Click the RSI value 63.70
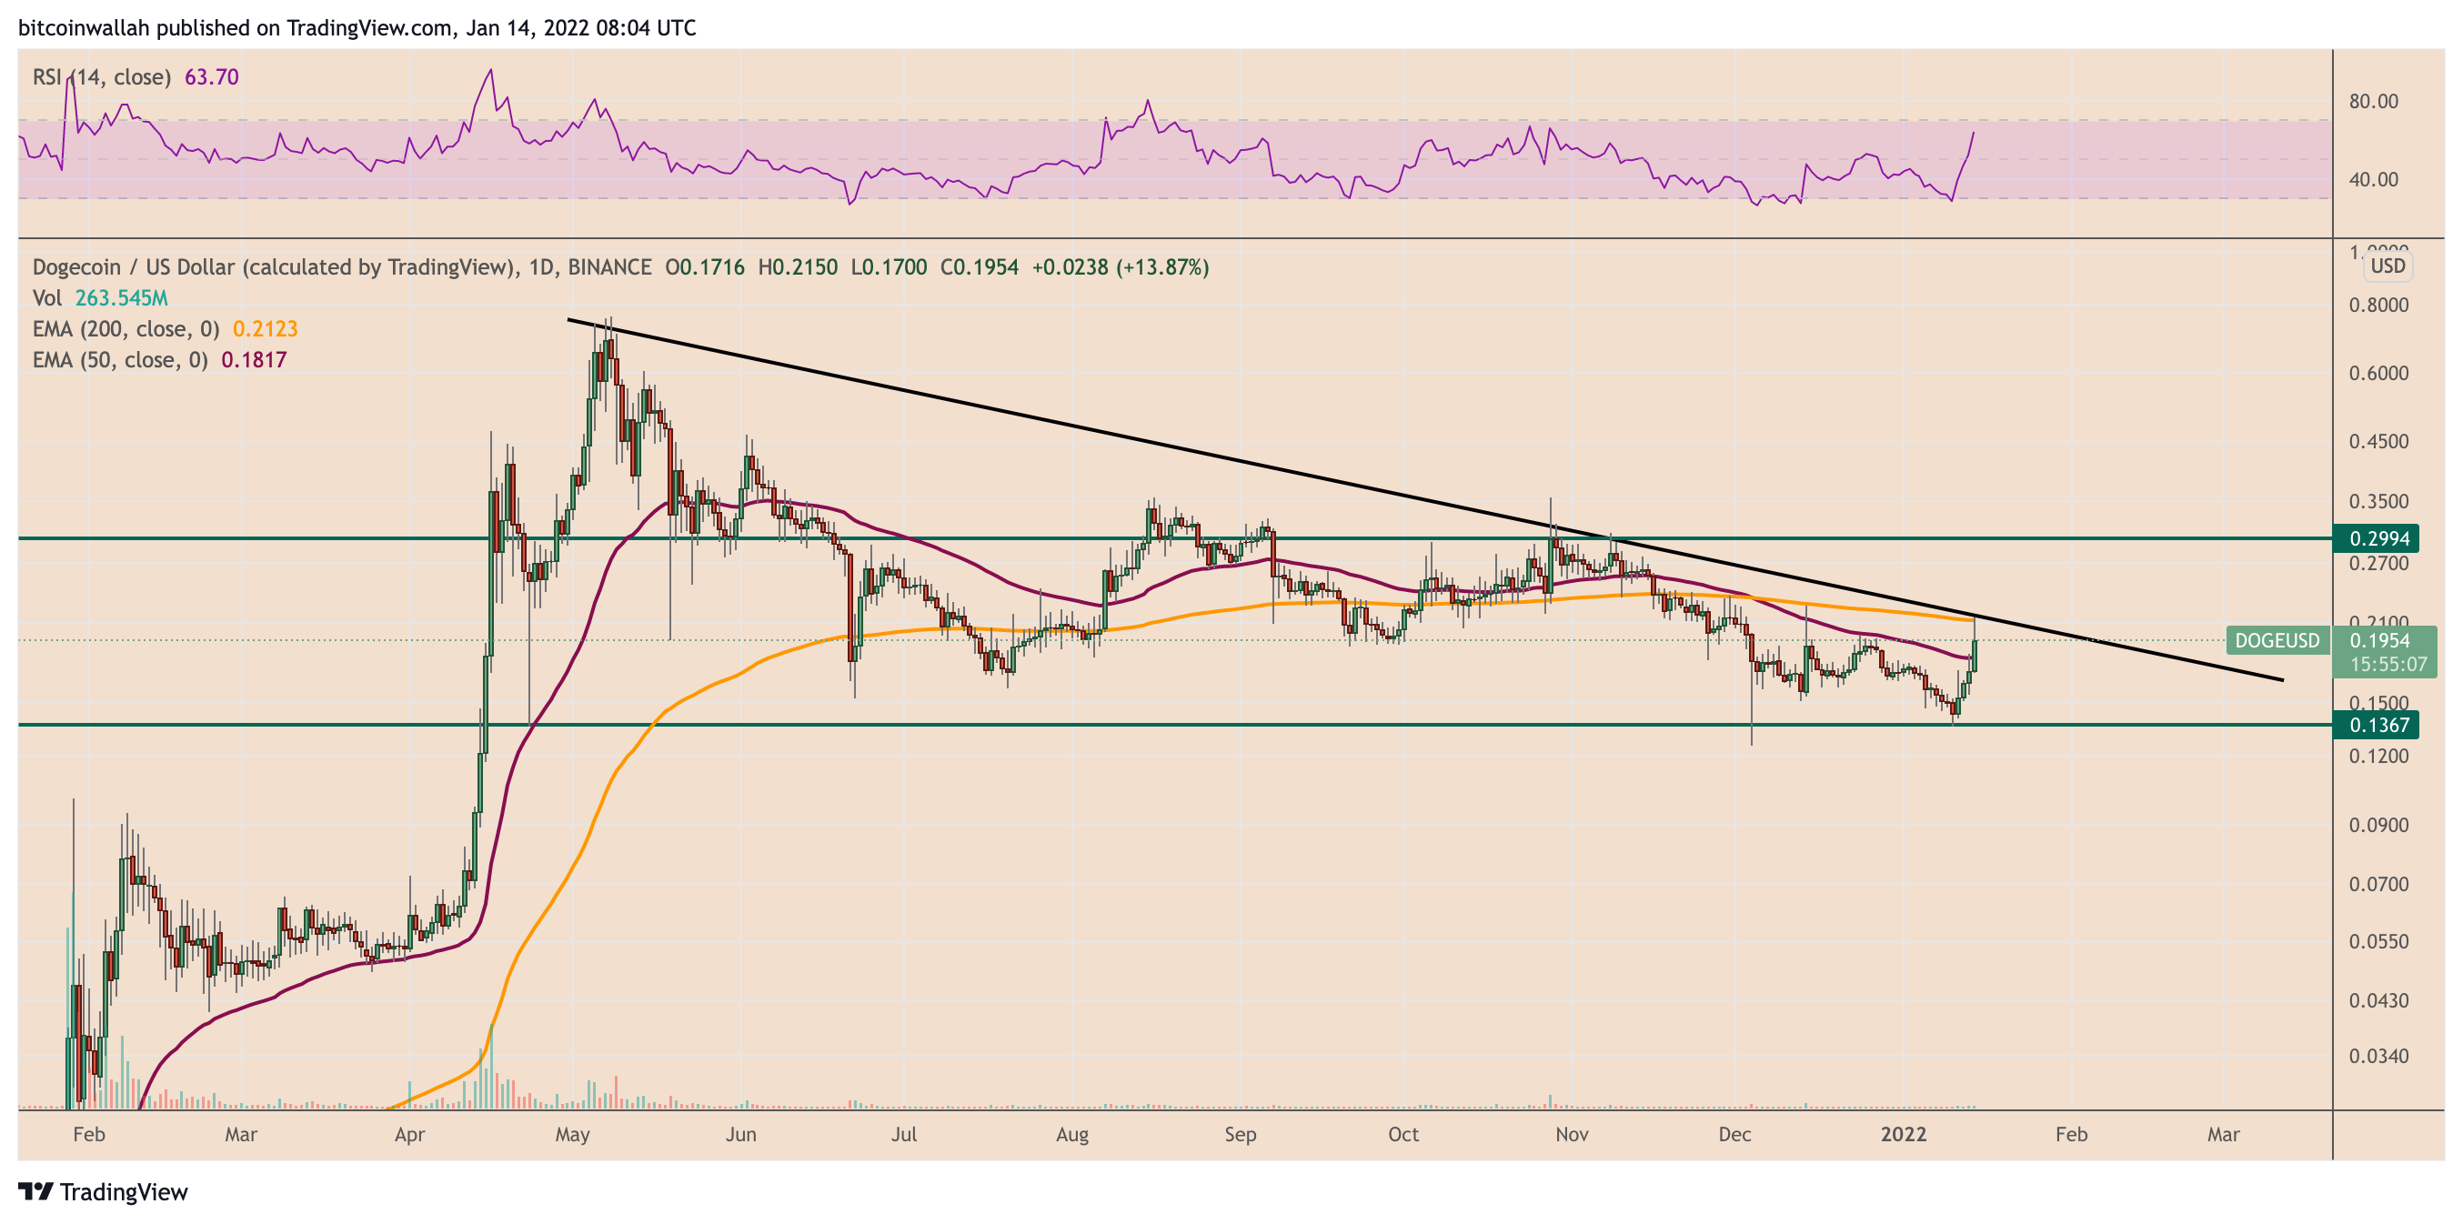tap(211, 76)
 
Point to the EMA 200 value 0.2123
tap(265, 329)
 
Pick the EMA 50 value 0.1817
tap(254, 359)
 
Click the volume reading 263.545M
tap(122, 298)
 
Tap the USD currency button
tap(2388, 266)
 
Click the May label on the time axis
tap(572, 1135)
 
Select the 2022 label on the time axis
tap(1903, 1135)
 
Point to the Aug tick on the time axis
tap(1071, 1135)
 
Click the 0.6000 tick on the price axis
tap(2378, 374)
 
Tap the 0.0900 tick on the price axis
tap(2378, 825)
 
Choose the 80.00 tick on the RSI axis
tap(2373, 101)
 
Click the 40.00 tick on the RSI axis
tap(2373, 180)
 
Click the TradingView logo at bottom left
tap(104, 1191)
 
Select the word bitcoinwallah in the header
tap(83, 27)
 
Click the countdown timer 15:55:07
tap(2388, 664)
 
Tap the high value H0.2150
tap(798, 266)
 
